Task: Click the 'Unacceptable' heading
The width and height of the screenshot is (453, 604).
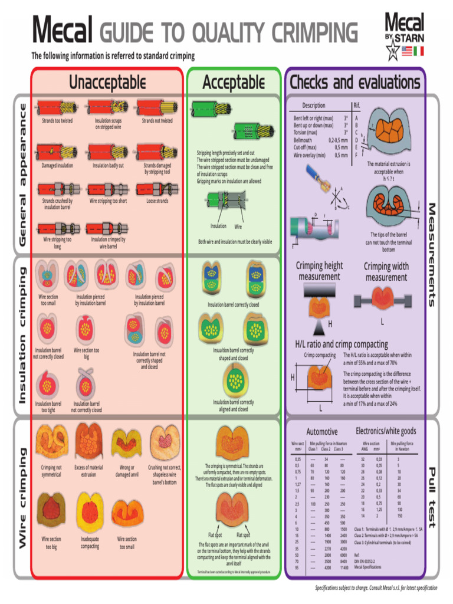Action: click(107, 82)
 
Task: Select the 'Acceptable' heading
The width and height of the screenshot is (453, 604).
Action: click(234, 82)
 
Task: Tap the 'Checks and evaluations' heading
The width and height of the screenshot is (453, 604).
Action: click(354, 82)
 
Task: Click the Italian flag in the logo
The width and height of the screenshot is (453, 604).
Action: click(418, 52)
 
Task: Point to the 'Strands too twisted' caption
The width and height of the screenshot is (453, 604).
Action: click(57, 121)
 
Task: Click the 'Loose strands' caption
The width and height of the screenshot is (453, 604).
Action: click(157, 201)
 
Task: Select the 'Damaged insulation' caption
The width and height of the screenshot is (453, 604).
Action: click(57, 166)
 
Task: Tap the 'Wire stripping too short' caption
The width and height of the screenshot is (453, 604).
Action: click(108, 201)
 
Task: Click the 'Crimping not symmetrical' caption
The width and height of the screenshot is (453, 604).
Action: click(51, 471)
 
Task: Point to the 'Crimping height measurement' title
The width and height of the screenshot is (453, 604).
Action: click(319, 271)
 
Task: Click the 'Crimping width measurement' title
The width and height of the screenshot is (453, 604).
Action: click(386, 271)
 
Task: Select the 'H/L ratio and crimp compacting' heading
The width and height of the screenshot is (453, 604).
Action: click(342, 344)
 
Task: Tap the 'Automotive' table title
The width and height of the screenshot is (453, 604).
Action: click(322, 432)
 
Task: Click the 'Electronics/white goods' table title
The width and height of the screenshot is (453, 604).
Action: click(386, 431)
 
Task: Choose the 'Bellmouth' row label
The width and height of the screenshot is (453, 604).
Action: click(303, 140)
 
